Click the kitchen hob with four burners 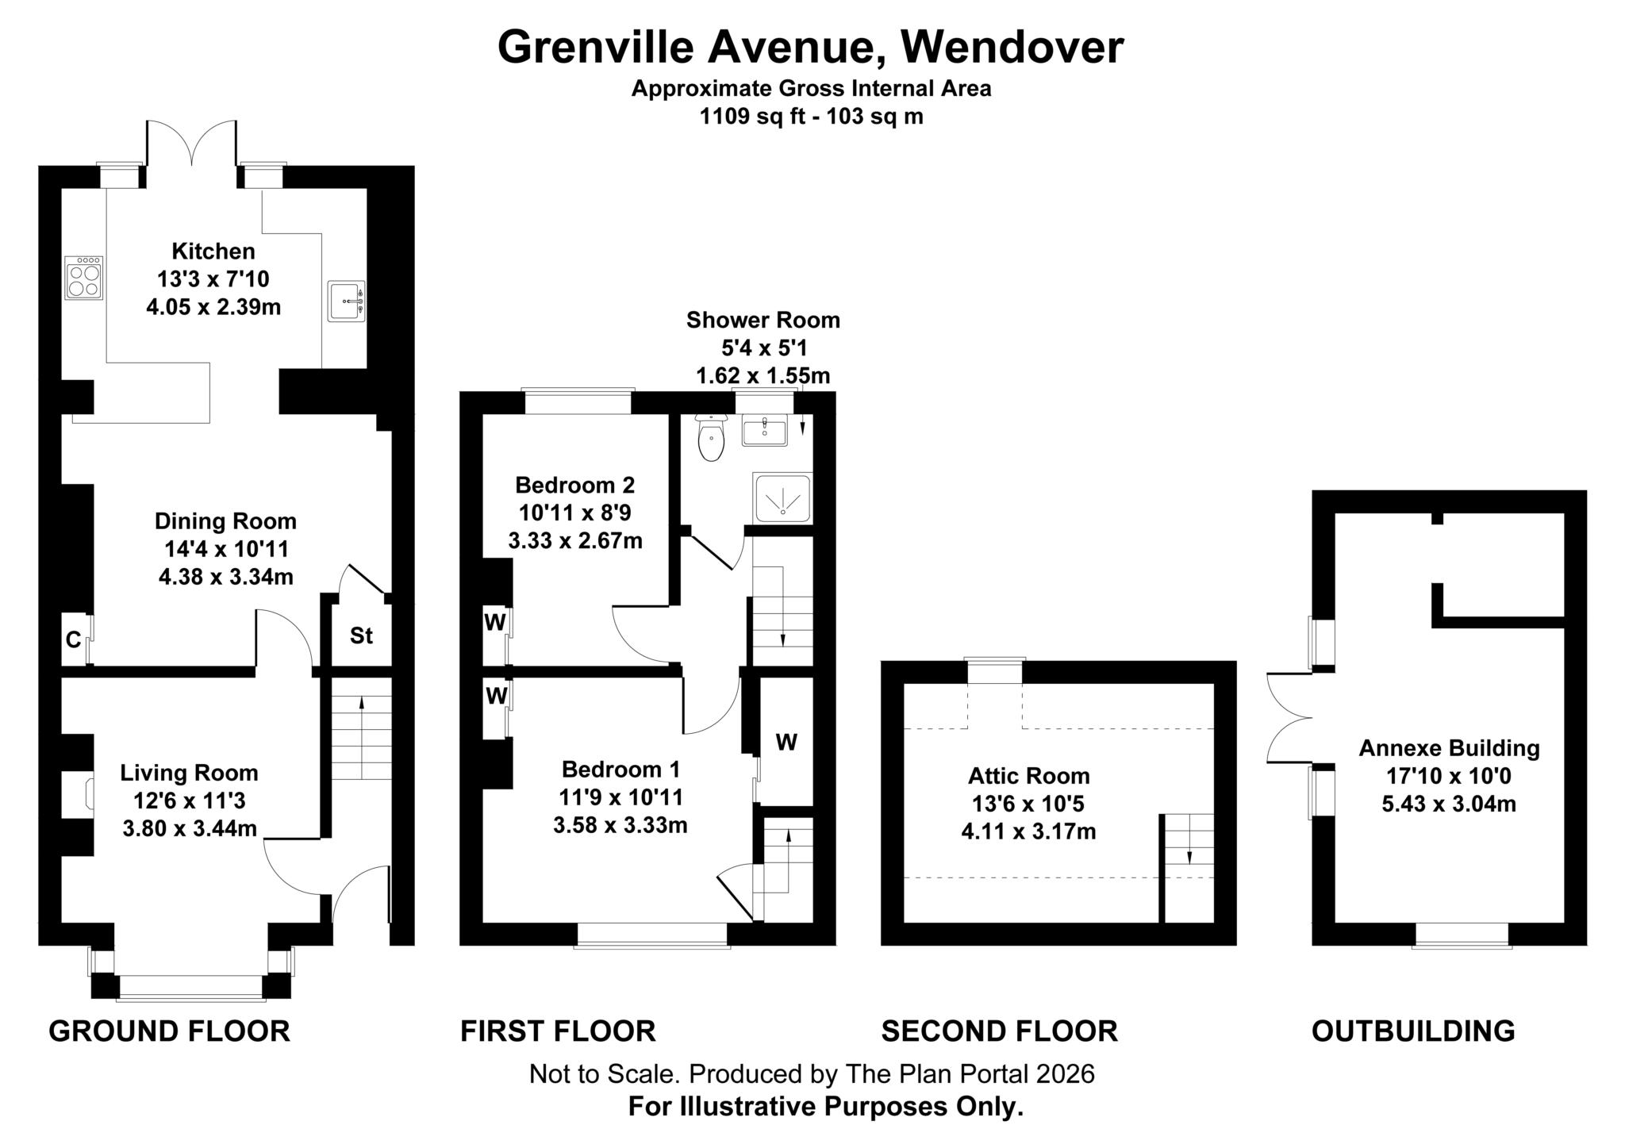pos(83,278)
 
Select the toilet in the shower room pos(711,439)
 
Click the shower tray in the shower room pos(782,497)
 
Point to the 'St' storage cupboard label pos(361,635)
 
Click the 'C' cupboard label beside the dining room pos(73,639)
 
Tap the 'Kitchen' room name pos(213,251)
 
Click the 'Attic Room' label pos(1028,776)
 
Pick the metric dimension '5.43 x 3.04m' pos(1449,804)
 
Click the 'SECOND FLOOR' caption pos(999,1031)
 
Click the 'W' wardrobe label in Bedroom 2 pos(495,623)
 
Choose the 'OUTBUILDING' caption pos(1412,1031)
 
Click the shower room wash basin pos(764,432)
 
